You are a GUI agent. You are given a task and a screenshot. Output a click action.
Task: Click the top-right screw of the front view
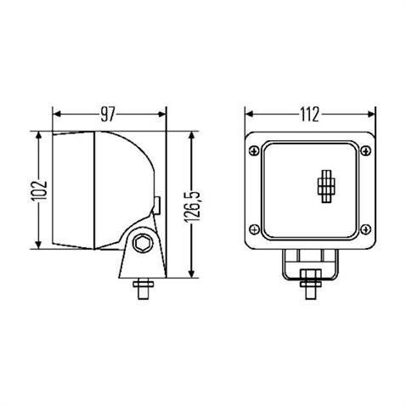(365, 151)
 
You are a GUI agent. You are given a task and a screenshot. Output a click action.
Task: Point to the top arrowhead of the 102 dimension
(37, 136)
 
